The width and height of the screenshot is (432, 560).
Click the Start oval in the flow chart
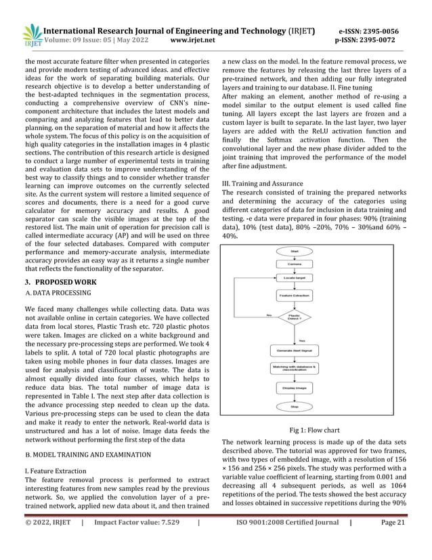click(295, 252)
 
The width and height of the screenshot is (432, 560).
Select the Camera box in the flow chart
click(295, 264)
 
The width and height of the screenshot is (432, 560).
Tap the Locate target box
click(295, 278)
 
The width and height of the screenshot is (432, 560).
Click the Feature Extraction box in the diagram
click(295, 296)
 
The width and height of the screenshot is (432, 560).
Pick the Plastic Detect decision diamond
click(295, 316)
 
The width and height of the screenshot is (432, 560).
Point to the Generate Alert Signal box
click(295, 350)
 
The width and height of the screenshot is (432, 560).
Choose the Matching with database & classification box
click(295, 368)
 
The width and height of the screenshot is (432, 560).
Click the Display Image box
click(295, 388)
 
